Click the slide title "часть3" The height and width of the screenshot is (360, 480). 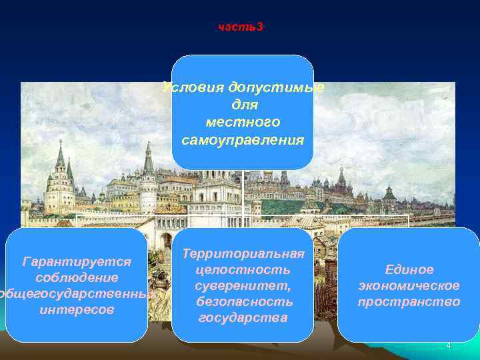pos(241,27)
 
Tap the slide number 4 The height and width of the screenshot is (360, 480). pos(449,345)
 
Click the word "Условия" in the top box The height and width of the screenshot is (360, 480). pos(193,88)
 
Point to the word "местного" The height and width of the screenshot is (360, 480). pos(243,123)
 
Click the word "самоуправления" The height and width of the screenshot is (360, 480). pos(243,140)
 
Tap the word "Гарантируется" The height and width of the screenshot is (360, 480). pos(77,260)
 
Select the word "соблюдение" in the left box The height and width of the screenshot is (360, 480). pos(77,277)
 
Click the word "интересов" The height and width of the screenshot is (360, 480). pos(77,310)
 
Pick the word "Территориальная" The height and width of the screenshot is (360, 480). pos(243,253)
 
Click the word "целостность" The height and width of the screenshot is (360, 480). pos(243,269)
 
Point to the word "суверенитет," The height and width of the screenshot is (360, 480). pos(243,285)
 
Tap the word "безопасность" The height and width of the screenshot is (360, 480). pos(243,301)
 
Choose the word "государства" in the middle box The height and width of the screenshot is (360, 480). pos(243,317)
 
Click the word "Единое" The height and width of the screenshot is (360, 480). pos(409,269)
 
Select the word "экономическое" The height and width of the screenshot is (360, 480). pos(409,285)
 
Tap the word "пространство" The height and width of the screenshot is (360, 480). pos(409,302)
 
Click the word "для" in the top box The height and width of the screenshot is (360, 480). pos(243,105)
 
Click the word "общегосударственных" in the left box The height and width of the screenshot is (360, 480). pos(77,293)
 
